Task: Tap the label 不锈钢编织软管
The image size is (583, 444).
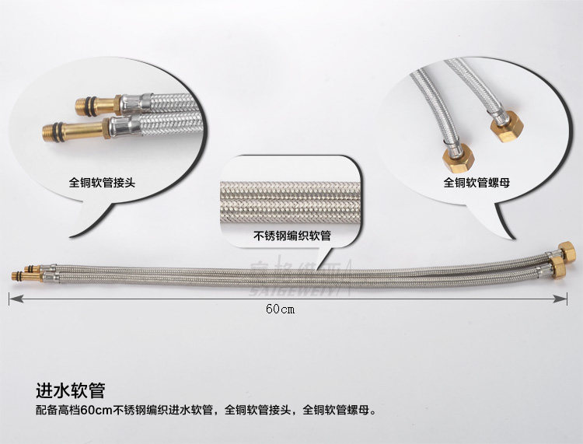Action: click(x=292, y=236)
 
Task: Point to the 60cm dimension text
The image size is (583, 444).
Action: click(x=282, y=308)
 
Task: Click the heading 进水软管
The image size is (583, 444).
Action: click(x=70, y=388)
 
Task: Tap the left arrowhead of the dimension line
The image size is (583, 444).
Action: click(x=14, y=297)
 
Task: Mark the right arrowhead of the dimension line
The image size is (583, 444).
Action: click(x=571, y=297)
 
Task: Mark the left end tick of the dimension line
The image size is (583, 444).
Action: click(x=9, y=297)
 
